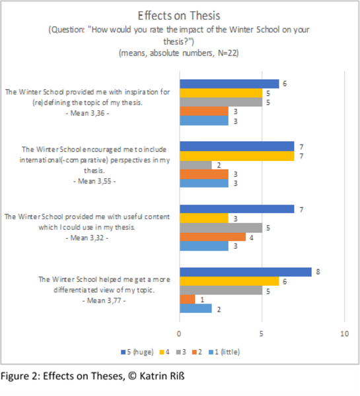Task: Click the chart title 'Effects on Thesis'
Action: click(179, 16)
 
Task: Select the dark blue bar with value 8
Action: click(246, 272)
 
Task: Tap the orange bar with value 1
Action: click(188, 300)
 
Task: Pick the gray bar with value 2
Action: click(196, 165)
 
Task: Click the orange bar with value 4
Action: click(213, 237)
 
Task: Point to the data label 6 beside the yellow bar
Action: click(285, 282)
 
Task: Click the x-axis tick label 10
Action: click(344, 334)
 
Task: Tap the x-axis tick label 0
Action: click(179, 334)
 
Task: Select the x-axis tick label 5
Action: click(262, 334)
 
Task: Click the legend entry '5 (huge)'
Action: click(137, 352)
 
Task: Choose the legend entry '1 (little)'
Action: click(224, 352)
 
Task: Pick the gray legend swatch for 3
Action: click(178, 352)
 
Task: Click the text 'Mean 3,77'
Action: click(104, 300)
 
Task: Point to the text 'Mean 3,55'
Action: click(94, 181)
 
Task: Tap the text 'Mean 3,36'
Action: click(87, 113)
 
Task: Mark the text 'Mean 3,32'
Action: click(87, 238)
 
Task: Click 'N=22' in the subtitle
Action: click(228, 53)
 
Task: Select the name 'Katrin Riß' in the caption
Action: click(162, 376)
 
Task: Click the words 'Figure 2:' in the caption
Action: click(20, 376)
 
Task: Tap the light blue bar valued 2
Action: click(196, 308)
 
